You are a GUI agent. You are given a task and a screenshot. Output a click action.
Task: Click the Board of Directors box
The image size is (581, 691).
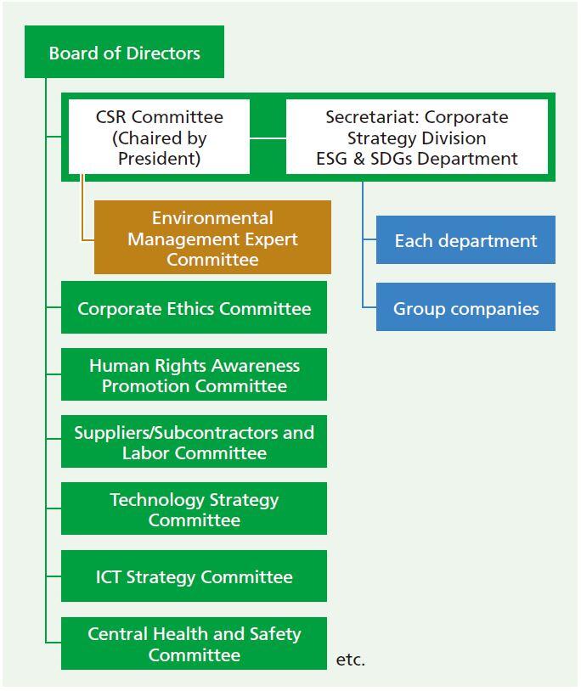[x=124, y=52]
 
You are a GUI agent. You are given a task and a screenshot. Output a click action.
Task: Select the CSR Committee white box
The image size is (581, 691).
[x=159, y=137]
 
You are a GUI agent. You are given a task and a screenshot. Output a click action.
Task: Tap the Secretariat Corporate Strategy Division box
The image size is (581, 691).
[x=417, y=137]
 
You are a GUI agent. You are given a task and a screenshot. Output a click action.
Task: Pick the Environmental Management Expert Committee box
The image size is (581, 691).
[x=212, y=238]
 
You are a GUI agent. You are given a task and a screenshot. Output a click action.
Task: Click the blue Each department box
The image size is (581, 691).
[x=465, y=240]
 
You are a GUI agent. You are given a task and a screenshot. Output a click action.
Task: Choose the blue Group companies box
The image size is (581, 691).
[x=465, y=307]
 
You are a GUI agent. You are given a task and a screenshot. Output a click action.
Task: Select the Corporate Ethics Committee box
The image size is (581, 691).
[x=194, y=307]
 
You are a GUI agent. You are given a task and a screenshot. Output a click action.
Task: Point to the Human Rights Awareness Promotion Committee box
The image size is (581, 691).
[x=194, y=374]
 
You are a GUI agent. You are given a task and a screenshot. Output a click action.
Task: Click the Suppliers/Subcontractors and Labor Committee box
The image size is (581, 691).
[x=194, y=441]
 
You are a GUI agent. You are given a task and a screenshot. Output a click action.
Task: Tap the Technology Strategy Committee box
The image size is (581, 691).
[x=194, y=508]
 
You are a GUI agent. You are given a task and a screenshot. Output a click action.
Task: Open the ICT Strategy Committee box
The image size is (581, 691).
[x=194, y=576]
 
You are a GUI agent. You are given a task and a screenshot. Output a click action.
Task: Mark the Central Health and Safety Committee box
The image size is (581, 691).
[x=194, y=643]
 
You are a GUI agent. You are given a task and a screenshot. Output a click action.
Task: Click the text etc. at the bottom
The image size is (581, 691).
[x=351, y=660]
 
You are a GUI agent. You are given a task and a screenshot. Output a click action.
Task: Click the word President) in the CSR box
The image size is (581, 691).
[x=159, y=158]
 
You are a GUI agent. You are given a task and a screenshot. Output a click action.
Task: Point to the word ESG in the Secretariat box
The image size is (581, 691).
[x=331, y=159]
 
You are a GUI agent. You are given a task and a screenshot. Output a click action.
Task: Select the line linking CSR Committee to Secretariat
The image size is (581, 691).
[x=268, y=138]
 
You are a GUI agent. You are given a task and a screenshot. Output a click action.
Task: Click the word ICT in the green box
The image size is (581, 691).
[x=109, y=577]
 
